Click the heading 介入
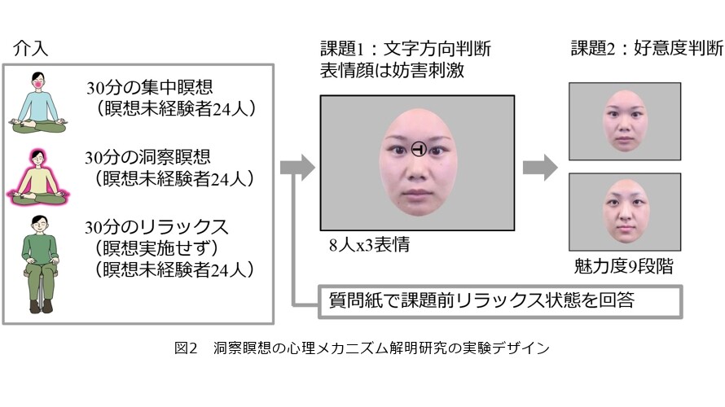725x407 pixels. (30, 48)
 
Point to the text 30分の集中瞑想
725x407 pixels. (149, 87)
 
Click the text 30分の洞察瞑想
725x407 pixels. (147, 158)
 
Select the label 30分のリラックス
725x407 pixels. (156, 227)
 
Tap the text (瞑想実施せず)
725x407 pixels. (156, 248)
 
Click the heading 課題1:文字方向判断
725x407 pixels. (406, 49)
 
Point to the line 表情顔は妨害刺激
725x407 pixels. (392, 70)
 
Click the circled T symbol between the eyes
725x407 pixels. (419, 149)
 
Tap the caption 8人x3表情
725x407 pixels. (370, 244)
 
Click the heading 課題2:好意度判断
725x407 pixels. (647, 48)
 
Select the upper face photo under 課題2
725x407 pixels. (625, 121)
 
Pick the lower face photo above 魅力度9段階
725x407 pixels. (625, 212)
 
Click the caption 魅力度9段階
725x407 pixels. (624, 266)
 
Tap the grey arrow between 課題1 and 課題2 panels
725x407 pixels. (540, 167)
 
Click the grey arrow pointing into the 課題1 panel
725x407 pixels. (298, 167)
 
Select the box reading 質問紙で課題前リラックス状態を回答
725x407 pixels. (500, 302)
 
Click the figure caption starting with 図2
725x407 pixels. (362, 348)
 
